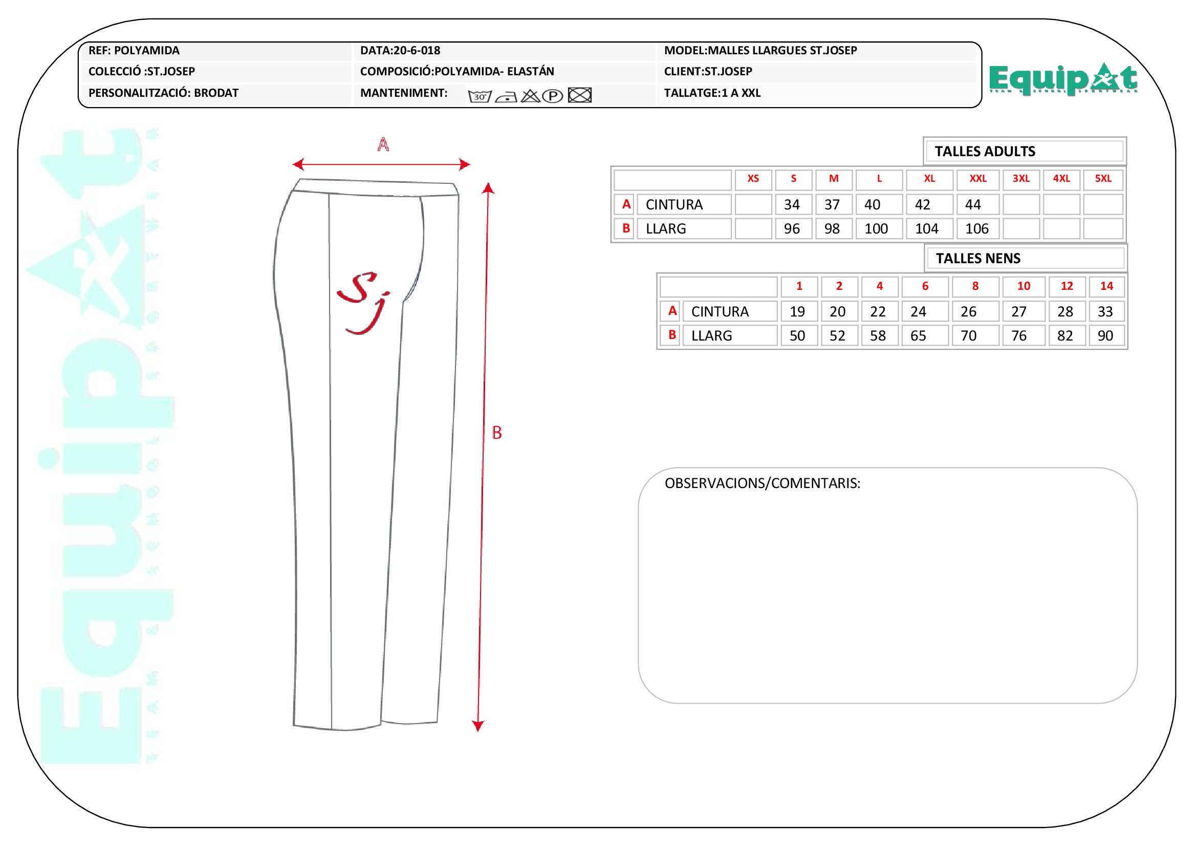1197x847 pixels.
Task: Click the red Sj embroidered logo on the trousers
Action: click(363, 303)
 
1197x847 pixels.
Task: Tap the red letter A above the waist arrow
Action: click(383, 144)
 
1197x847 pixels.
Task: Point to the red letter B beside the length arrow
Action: click(497, 432)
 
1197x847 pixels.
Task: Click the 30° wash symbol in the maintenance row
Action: click(480, 96)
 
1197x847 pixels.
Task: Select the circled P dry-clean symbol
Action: click(553, 96)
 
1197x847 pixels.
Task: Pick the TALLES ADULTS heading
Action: click(985, 151)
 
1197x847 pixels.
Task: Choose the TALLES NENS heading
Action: click(978, 258)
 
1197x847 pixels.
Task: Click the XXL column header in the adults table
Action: click(978, 178)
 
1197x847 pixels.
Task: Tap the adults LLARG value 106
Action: click(976, 228)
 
